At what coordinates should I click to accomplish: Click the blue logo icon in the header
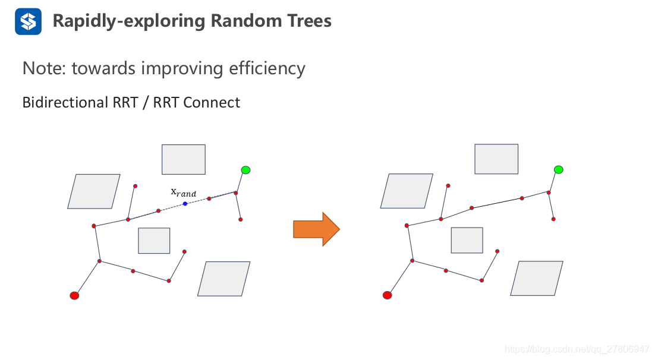[x=28, y=21]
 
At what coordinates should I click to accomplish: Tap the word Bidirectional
[x=65, y=102]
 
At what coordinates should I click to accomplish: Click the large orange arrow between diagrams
[x=316, y=229]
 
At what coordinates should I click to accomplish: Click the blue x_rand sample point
[x=185, y=204]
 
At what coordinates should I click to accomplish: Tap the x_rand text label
[x=184, y=192]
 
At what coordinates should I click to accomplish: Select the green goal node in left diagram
[x=245, y=170]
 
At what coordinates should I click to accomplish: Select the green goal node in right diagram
[x=559, y=169]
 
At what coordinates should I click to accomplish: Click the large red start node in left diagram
[x=74, y=296]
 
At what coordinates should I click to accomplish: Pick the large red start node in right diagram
[x=388, y=295]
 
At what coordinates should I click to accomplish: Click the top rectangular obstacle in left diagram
[x=184, y=160]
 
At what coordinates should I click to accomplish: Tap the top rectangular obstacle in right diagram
[x=496, y=159]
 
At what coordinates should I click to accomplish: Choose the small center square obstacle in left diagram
[x=154, y=241]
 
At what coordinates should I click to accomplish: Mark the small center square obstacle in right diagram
[x=467, y=240]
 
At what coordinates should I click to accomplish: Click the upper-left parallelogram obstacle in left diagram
[x=94, y=191]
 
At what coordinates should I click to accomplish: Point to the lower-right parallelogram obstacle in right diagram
[x=537, y=278]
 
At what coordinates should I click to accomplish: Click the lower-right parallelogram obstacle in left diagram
[x=224, y=279]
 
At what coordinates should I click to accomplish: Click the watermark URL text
[x=577, y=349]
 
